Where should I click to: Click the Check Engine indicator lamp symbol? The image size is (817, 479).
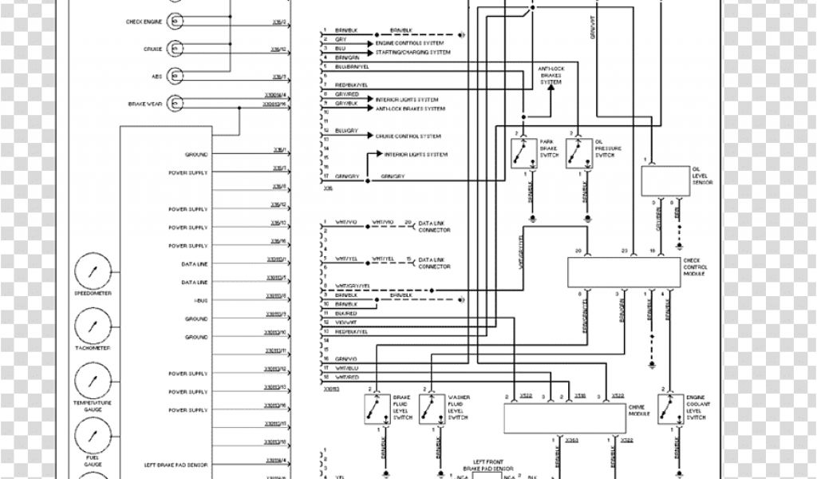(175, 22)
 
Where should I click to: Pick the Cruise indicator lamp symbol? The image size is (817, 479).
(175, 49)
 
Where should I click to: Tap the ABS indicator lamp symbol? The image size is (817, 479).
(175, 77)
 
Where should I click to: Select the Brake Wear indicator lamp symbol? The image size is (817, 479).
(175, 104)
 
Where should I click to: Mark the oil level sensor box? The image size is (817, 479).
(667, 182)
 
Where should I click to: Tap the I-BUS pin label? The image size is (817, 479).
(200, 300)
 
